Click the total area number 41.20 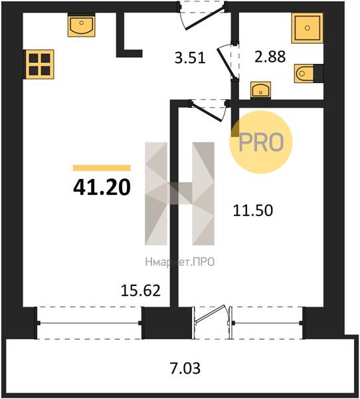[102, 188]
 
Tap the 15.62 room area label [141, 291]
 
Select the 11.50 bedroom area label [253, 210]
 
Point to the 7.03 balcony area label [185, 368]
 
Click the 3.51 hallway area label [190, 57]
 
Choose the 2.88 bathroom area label [270, 57]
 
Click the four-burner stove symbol [40, 65]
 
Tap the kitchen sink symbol [81, 25]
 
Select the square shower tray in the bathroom [307, 28]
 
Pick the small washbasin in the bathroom [260, 90]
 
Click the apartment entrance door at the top [203, 15]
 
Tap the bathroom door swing [226, 63]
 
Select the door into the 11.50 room [209, 110]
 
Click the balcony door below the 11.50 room [212, 322]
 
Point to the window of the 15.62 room [90, 323]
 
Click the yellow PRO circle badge [261, 142]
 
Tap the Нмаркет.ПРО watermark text [180, 262]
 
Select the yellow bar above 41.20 [102, 168]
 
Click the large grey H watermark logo [180, 194]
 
